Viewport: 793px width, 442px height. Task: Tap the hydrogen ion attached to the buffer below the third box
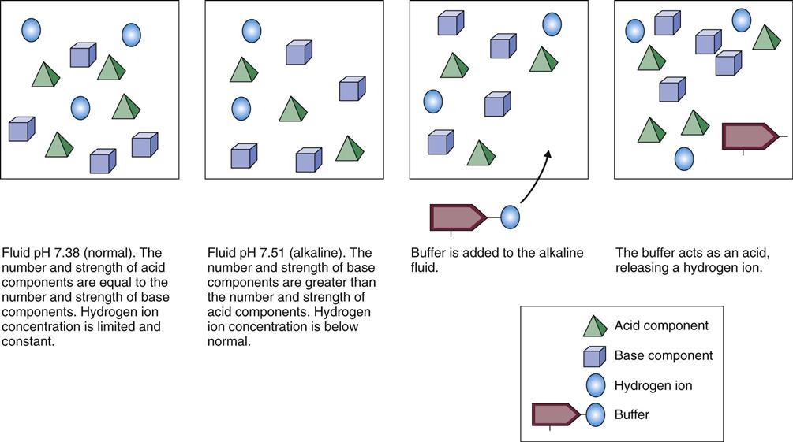pos(510,217)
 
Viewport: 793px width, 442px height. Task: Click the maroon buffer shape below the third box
pos(457,217)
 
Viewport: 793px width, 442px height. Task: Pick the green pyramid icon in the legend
pos(594,325)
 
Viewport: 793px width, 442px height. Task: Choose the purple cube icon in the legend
pos(594,356)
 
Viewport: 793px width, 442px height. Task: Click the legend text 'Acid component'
pos(661,325)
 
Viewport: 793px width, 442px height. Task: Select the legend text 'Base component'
pos(663,355)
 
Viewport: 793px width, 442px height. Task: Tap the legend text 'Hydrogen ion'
pos(653,385)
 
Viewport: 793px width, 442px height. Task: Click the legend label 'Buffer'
pos(631,414)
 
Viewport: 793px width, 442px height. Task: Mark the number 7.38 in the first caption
pos(69,253)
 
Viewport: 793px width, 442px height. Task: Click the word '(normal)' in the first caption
pos(111,253)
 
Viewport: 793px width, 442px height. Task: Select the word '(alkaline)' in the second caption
pos(320,253)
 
